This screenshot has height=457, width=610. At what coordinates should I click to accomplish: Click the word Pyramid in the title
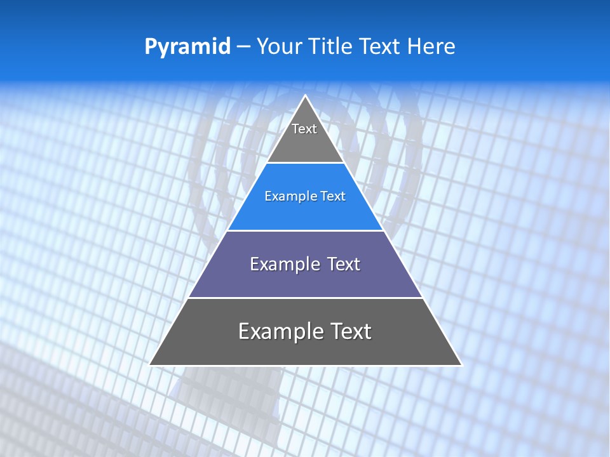point(187,47)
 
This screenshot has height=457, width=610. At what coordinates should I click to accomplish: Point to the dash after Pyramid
point(243,47)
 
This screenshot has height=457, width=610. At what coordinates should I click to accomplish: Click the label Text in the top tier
point(304,129)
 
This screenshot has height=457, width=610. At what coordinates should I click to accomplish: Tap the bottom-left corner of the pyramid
point(150,364)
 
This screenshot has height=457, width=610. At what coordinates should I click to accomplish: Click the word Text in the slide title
point(379,46)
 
